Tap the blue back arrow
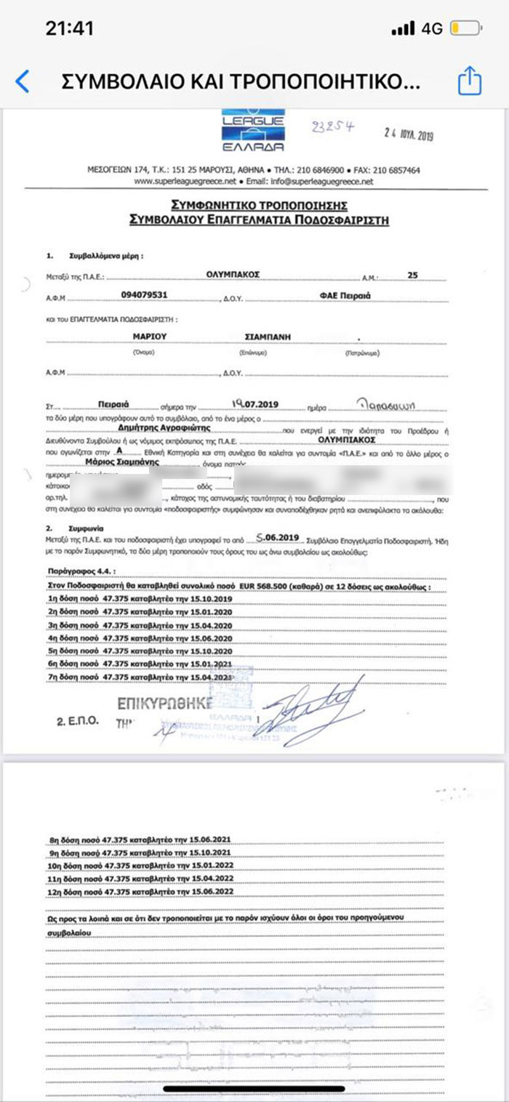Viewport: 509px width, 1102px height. click(x=23, y=81)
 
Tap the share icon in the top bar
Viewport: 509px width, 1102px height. click(x=469, y=81)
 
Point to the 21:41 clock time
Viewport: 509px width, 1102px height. click(x=70, y=29)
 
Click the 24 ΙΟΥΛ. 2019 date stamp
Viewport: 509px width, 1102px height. click(x=408, y=134)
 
